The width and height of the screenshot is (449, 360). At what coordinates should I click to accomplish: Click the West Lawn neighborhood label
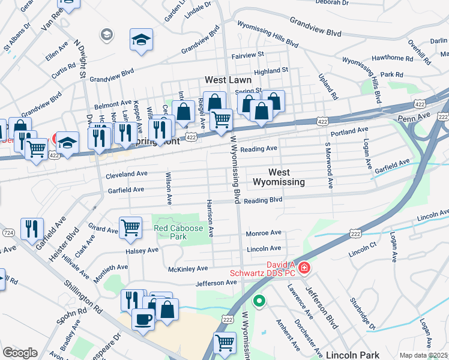(x=228, y=79)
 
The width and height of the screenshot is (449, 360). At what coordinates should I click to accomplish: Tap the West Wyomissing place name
(x=278, y=177)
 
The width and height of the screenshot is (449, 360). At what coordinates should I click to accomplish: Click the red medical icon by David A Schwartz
(x=304, y=266)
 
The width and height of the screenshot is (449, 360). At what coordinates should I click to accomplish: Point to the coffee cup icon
(x=143, y=319)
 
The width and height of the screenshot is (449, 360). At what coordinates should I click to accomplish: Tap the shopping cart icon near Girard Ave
(x=130, y=227)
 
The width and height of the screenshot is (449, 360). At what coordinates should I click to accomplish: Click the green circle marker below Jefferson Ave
(x=259, y=301)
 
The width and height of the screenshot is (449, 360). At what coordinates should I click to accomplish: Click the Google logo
(x=20, y=353)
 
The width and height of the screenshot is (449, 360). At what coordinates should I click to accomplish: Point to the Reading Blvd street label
(x=263, y=200)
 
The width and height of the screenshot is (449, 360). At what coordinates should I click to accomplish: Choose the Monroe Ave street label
(x=264, y=233)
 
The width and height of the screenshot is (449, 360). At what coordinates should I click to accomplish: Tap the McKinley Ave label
(x=187, y=269)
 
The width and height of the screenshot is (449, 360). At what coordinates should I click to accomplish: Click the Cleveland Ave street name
(x=127, y=175)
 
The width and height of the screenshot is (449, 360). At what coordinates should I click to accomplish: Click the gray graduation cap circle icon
(x=107, y=34)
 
